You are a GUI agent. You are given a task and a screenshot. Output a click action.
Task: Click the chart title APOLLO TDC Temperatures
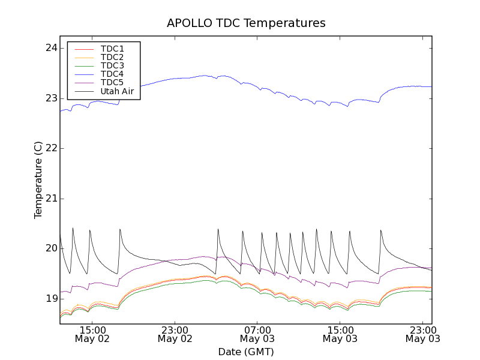point(246,23)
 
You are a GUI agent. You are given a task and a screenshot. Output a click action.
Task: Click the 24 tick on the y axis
point(52,48)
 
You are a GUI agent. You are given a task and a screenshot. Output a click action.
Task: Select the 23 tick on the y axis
point(52,98)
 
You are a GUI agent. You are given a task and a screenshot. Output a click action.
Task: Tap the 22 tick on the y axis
point(52,148)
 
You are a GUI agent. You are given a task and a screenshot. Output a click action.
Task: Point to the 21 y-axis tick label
point(52,199)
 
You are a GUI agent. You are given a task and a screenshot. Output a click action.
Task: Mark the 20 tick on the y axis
point(52,248)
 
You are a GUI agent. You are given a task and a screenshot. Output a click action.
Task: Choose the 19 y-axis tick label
point(52,299)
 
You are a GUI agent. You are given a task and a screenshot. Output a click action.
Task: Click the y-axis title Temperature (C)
point(38,180)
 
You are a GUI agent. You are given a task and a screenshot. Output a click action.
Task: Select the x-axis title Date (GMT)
point(246,352)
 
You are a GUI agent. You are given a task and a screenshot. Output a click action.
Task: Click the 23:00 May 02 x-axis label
point(175,334)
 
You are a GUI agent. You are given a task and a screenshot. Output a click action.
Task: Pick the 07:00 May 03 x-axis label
point(257,334)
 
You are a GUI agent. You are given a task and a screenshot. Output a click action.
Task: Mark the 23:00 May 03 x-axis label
point(422,334)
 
